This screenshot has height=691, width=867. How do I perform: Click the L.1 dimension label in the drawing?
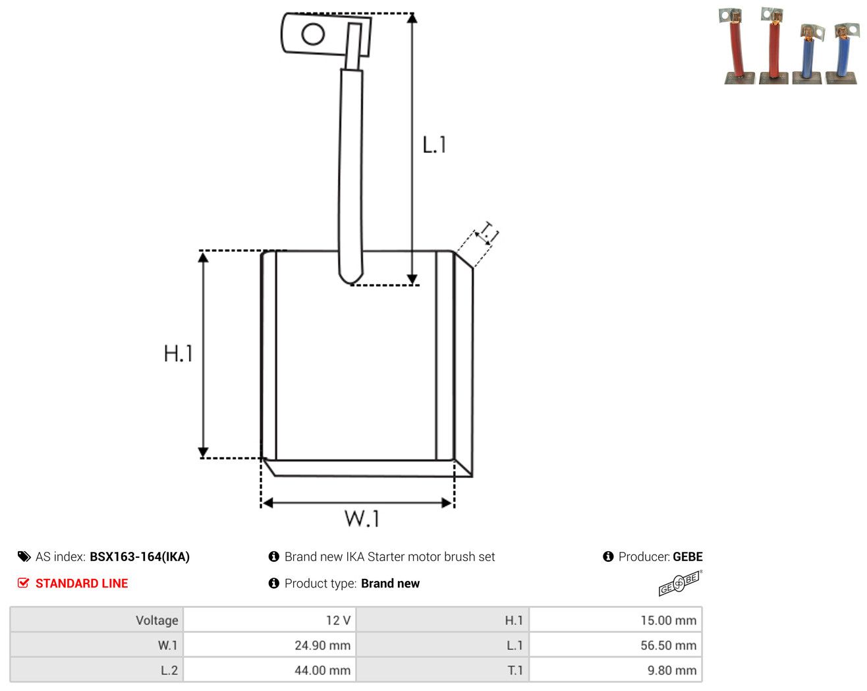point(434,145)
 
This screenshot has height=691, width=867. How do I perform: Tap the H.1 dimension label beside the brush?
point(178,353)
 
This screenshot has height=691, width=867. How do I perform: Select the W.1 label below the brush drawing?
point(362,518)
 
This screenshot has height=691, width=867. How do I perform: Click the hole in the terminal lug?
point(313,34)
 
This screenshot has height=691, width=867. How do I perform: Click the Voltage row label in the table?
point(157,620)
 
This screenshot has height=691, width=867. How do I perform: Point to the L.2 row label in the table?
point(169,670)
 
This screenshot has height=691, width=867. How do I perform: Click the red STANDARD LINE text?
point(82,584)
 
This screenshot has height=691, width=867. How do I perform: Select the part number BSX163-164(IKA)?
point(140,556)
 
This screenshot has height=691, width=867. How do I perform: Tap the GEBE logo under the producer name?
point(681,583)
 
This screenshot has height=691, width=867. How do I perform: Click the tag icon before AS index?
point(24,556)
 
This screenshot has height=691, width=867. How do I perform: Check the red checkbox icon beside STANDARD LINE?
point(23,583)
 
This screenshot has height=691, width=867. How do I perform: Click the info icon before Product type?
point(274,583)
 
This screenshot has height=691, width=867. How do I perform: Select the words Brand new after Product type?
point(391,584)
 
